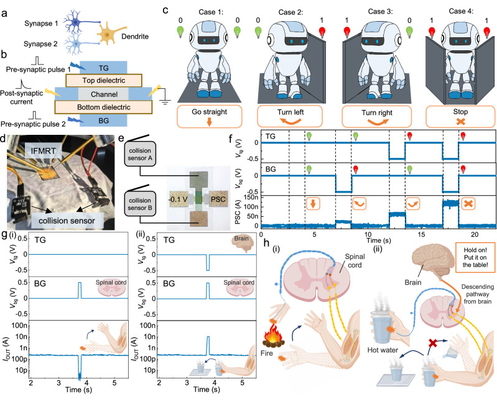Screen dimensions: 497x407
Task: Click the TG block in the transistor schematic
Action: pos(103,68)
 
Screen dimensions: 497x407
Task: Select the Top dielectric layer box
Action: pos(104,80)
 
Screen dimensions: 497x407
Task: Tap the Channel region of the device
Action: pos(104,94)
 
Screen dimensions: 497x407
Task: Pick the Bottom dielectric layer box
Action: pos(103,107)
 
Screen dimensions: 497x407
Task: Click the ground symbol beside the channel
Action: pos(165,101)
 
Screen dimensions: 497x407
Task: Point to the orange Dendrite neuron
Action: pos(109,34)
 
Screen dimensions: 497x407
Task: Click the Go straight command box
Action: pos(209,116)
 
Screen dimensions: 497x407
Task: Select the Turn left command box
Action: pos(290,116)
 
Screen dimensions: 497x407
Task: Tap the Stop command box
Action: pos(460,116)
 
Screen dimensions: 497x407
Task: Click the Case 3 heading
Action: pos(380,11)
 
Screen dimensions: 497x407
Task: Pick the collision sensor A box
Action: pos(140,154)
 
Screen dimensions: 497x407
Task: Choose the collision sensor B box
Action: pos(140,204)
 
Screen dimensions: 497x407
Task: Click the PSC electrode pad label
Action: pos(218,199)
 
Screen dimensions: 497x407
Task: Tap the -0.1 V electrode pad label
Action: pos(178,199)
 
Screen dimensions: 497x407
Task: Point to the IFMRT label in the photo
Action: pos(43,151)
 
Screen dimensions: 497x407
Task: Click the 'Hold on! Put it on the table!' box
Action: pos(475,257)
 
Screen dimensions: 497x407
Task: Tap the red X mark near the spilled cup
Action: pos(433,344)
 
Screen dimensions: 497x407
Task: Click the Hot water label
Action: pos(383,350)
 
